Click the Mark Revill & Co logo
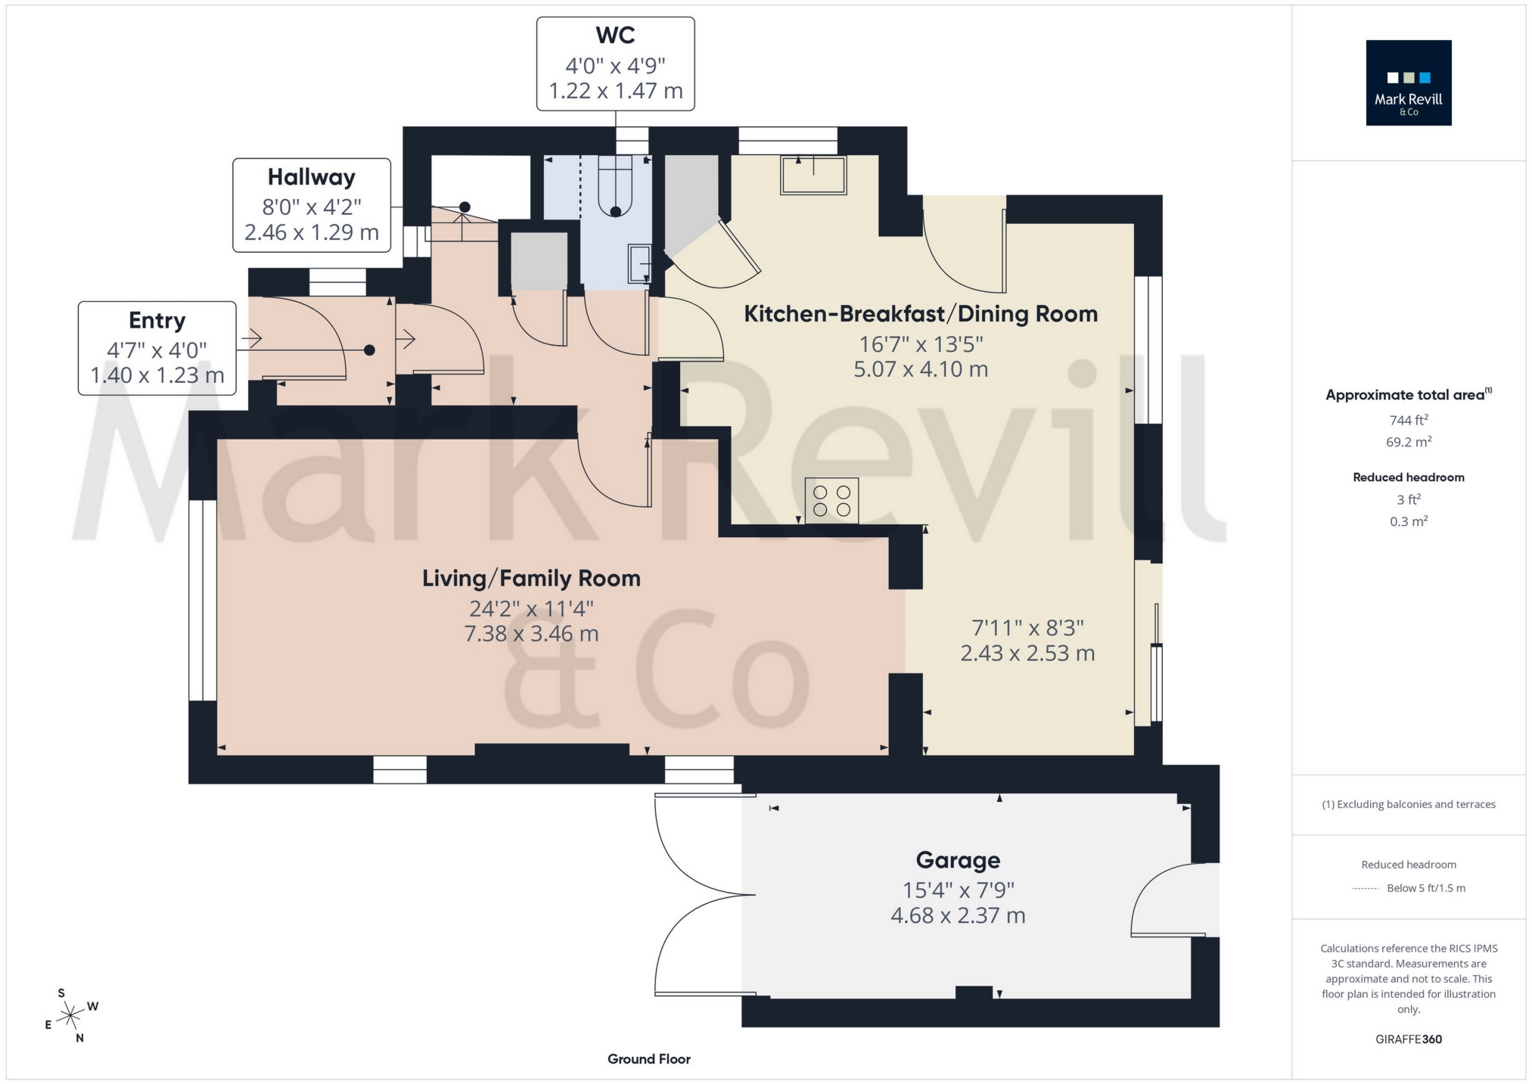[x=1408, y=82]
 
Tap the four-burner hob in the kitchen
[x=831, y=501]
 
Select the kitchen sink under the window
[x=813, y=175]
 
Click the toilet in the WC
[x=615, y=187]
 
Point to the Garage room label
[x=958, y=860]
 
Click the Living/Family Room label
[x=531, y=579]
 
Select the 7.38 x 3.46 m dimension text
[x=531, y=634]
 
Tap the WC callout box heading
[x=615, y=36]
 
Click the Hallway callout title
[x=311, y=177]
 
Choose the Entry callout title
[x=157, y=320]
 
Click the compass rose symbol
[x=70, y=1014]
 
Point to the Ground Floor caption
[x=648, y=1059]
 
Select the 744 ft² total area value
[x=1408, y=420]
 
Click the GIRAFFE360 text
[x=1408, y=1039]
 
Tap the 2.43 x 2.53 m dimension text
[x=1027, y=654]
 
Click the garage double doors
[x=700, y=895]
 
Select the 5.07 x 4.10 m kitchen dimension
[x=921, y=370]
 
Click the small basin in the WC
[x=639, y=264]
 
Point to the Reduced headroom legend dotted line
[x=1366, y=889]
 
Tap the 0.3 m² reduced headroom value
[x=1408, y=521]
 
